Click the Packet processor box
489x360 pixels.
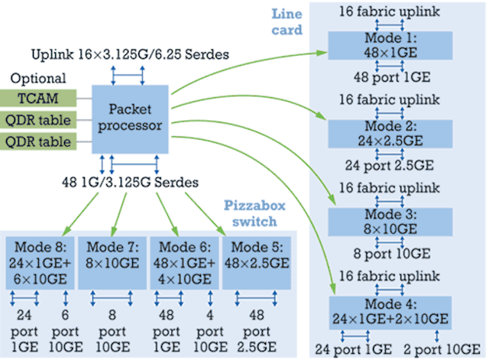(x=130, y=119)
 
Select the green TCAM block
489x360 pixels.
(x=38, y=98)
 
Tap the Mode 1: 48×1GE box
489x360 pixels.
(x=390, y=45)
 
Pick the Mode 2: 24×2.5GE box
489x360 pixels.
(x=390, y=134)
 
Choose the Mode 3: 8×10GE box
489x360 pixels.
(x=390, y=222)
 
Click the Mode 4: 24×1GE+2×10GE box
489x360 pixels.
(x=390, y=313)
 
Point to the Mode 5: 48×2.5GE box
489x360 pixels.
(x=257, y=263)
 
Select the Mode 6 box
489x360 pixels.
(x=185, y=263)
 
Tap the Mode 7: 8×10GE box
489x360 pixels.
(x=112, y=263)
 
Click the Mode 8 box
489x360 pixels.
(x=40, y=263)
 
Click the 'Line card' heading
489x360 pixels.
(x=287, y=22)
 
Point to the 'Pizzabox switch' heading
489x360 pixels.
(x=254, y=214)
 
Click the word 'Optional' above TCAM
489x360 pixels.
(x=38, y=78)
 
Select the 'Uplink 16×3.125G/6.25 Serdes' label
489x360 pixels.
(x=130, y=54)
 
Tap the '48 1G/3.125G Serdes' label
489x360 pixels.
(x=130, y=182)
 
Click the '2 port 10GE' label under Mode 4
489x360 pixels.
(x=442, y=349)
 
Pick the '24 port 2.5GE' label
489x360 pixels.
(x=389, y=165)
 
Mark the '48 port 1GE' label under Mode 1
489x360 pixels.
(x=392, y=77)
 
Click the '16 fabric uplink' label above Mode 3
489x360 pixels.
(x=389, y=188)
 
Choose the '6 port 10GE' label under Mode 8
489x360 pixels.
(x=66, y=331)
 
